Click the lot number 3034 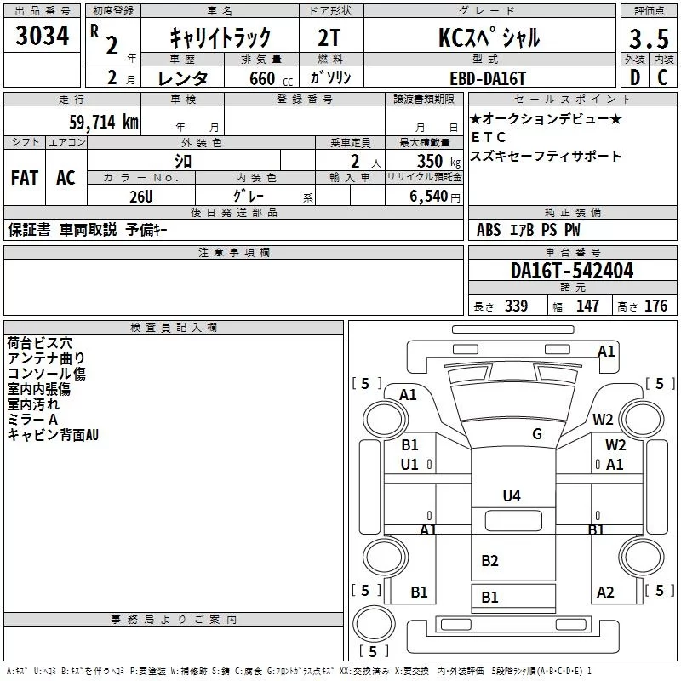point(43,37)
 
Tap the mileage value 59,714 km point(103,123)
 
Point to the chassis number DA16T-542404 point(572,271)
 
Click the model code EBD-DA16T point(489,77)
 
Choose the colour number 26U point(141,195)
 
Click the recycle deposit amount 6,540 point(426,197)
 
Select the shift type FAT point(24,178)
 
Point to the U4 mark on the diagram point(512,495)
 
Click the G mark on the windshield point(536,433)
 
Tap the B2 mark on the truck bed point(489,560)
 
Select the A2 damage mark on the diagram point(605,592)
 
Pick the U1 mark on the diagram point(409,464)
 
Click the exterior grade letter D point(633,77)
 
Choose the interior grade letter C point(662,77)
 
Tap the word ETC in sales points point(489,137)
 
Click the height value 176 point(655,306)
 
